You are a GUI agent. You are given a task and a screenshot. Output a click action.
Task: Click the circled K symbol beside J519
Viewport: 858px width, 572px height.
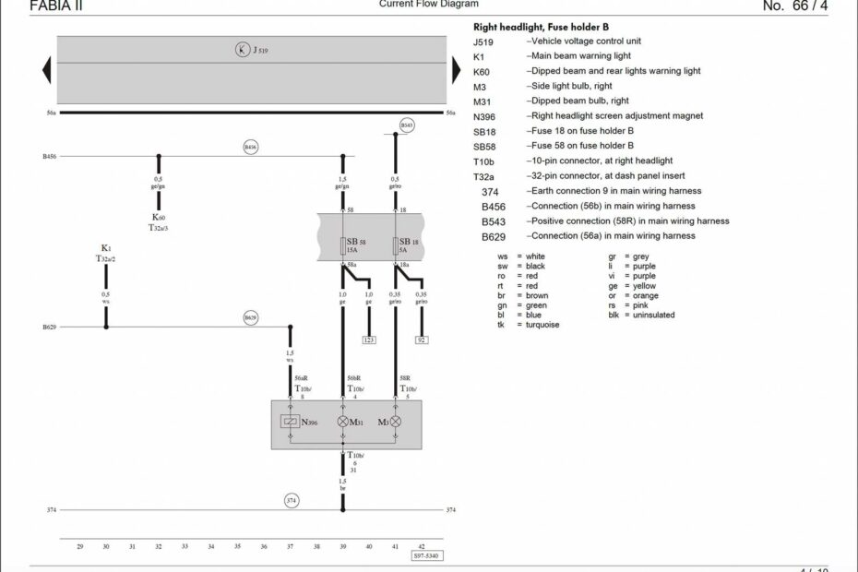pos(243,50)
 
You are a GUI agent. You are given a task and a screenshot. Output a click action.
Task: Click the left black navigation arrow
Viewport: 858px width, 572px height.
pos(46,70)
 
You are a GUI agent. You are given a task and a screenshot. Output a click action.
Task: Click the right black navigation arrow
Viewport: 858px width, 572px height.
pos(455,70)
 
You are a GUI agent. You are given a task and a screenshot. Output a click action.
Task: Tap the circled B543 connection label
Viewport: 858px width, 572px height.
pos(407,125)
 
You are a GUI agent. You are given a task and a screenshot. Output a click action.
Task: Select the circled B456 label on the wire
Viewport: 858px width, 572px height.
pos(250,147)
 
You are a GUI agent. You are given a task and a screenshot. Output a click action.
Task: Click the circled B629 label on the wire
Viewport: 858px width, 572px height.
pos(250,317)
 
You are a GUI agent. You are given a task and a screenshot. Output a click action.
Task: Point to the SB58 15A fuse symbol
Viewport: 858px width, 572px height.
pos(343,247)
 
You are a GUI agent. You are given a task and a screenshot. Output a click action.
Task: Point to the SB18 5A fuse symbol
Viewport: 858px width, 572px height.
pos(396,247)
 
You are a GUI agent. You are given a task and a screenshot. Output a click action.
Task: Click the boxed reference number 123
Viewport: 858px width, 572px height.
pos(369,340)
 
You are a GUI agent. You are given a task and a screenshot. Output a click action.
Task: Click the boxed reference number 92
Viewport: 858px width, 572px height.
pos(422,340)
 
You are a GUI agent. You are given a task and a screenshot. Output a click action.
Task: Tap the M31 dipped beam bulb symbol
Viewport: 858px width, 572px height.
pos(343,422)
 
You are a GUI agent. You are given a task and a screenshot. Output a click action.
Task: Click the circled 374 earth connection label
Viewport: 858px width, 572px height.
pos(291,500)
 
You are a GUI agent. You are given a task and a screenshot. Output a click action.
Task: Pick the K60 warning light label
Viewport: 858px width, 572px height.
pos(159,218)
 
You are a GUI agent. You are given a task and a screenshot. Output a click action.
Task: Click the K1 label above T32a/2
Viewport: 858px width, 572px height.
pos(106,249)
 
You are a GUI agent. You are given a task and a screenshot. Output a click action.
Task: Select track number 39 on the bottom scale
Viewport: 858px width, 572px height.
pos(342,547)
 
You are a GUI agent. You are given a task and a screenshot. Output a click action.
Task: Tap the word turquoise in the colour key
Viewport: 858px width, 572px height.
pos(542,325)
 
